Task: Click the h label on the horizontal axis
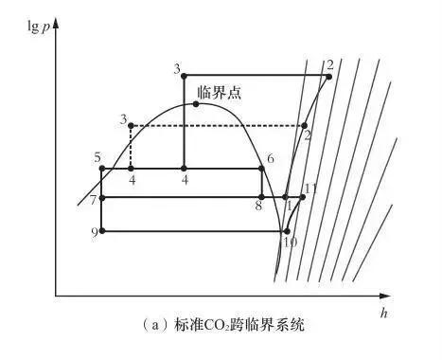[x=385, y=311]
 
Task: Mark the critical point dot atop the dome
[x=196, y=103]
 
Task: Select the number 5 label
[x=97, y=156]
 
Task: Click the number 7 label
[x=93, y=199]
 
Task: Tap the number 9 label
[x=94, y=232]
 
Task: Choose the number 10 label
[x=291, y=243]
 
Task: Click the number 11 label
[x=310, y=189]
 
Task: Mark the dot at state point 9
[x=101, y=230]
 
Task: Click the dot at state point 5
[x=101, y=169]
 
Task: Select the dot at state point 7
[x=101, y=198]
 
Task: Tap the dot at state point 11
[x=303, y=197]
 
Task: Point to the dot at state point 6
[x=262, y=169]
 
